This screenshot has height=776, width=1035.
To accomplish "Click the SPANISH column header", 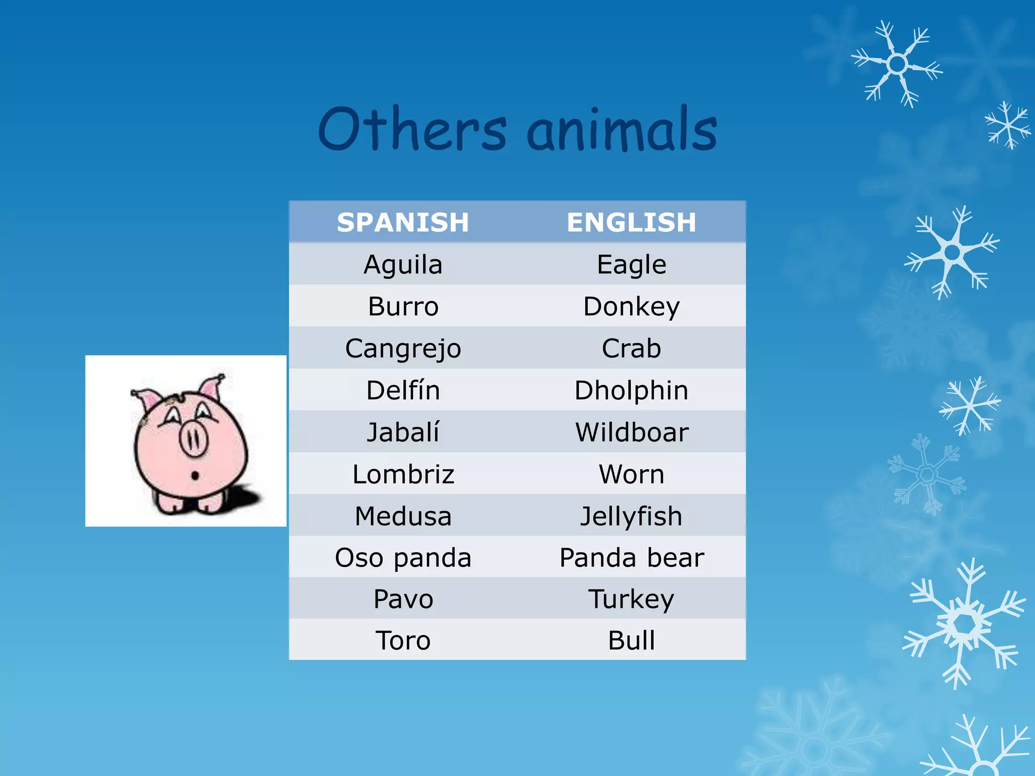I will coord(403,222).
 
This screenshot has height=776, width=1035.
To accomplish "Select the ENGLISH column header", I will coord(631,222).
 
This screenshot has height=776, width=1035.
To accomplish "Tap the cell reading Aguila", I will coord(403,265).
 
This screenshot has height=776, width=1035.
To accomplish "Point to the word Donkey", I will coord(631,307).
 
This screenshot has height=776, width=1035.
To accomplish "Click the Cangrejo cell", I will coord(403,349).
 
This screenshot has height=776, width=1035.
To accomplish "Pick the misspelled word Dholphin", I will coord(631,391).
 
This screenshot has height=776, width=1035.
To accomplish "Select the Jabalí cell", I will coord(403,432).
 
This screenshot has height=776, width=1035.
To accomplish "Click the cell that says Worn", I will coord(631,474).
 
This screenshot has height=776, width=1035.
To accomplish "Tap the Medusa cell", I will coord(403,516).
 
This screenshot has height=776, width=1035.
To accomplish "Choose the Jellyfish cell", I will coord(631,516).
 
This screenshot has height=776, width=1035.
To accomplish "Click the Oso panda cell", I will coord(403,558).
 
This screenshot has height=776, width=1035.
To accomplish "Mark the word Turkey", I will coord(631,599).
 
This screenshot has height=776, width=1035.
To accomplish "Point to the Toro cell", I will coord(403,641).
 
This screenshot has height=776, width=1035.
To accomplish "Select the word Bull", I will coord(631,641).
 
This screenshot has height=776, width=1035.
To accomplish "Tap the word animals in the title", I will coord(622,130).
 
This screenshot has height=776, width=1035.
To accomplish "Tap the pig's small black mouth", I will coord(195,475).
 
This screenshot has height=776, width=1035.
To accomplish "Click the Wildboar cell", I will coord(631,432).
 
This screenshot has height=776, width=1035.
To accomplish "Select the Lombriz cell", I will coord(403,474).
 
